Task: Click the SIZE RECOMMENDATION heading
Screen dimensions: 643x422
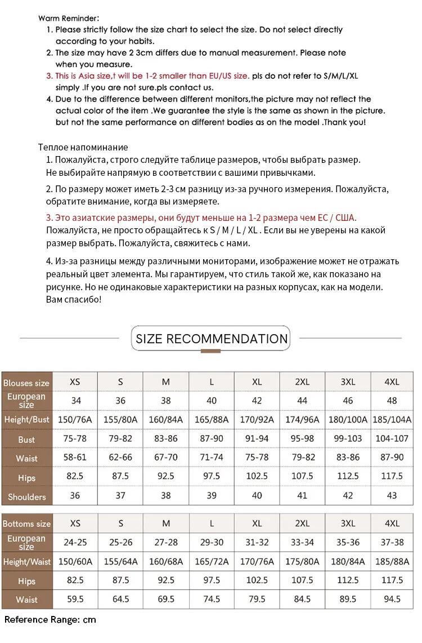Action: [x=212, y=339]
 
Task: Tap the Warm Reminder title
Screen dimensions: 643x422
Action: [x=69, y=18]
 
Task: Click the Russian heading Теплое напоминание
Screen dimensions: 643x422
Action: [x=83, y=147]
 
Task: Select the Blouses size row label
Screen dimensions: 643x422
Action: [x=26, y=383]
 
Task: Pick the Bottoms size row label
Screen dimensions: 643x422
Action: [x=26, y=524]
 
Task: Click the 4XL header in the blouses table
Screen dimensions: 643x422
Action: [x=392, y=382]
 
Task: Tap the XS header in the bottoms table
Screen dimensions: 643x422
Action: [x=75, y=523]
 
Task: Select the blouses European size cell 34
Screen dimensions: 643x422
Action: [x=75, y=401]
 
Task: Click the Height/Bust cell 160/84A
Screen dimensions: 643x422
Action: [x=166, y=419]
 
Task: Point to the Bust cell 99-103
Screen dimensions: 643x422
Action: [x=348, y=439]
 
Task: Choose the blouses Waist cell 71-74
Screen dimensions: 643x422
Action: [x=212, y=458]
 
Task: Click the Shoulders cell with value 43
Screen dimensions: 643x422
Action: [x=392, y=495]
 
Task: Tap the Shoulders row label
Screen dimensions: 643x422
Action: [x=26, y=496]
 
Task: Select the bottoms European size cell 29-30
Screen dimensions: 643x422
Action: [x=212, y=542]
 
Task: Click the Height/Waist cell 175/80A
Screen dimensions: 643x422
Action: [x=302, y=561]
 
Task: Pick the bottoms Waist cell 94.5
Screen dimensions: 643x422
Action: [x=392, y=599]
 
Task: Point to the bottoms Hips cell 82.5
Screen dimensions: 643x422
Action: [x=75, y=580]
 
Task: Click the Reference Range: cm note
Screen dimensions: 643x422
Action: [x=51, y=620]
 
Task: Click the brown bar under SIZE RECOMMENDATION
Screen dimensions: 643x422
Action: [x=210, y=351]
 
